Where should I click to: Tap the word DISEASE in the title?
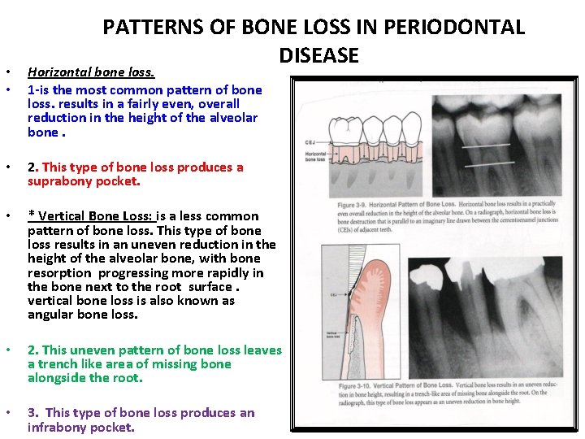point(318,55)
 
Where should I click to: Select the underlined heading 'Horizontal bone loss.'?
point(91,72)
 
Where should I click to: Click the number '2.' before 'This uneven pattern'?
point(33,350)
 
